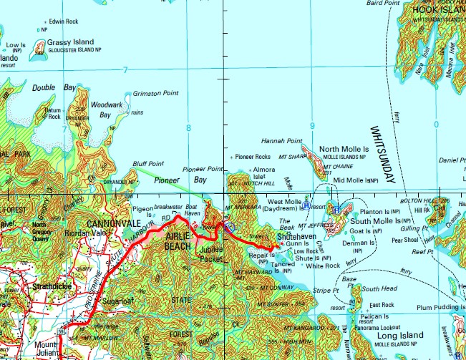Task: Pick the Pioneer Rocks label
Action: pyautogui.click(x=253, y=156)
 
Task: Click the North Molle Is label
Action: pyautogui.click(x=343, y=149)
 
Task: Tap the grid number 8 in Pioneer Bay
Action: pyautogui.click(x=188, y=128)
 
